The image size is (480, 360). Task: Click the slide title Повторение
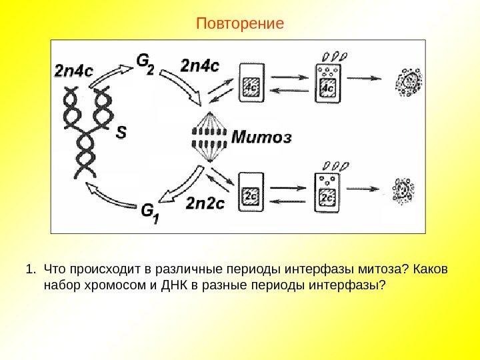pos(240,24)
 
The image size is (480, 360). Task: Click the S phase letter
pos(121,133)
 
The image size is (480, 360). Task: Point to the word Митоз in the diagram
pos(262,139)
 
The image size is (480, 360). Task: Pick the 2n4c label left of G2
pos(73,70)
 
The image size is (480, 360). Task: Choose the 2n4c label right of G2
pos(200,66)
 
